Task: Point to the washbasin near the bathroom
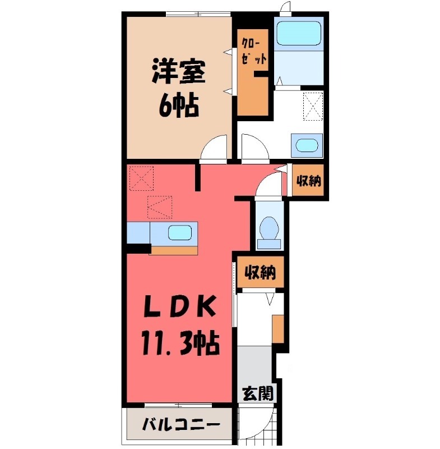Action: (x=306, y=145)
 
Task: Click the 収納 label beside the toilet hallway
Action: (x=308, y=182)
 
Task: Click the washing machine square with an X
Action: (x=313, y=106)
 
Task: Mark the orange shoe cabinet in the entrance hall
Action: (x=278, y=329)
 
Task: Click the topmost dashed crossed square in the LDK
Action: (x=141, y=178)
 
